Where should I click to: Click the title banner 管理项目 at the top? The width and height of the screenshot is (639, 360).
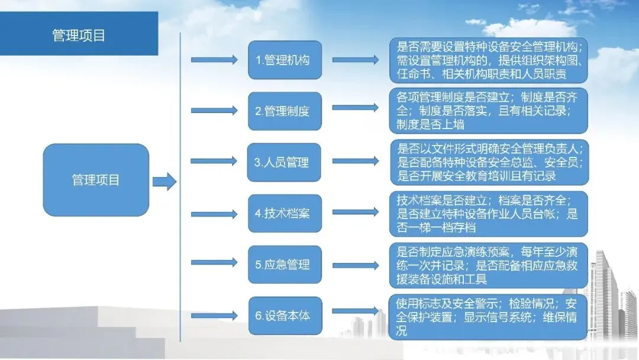79,35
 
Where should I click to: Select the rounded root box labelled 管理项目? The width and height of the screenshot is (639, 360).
96,179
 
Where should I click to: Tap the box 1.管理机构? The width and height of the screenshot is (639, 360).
285,60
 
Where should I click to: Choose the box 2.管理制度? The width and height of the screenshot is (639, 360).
285,111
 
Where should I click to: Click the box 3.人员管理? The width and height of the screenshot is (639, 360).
284,162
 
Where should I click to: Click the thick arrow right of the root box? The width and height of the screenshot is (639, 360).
164,181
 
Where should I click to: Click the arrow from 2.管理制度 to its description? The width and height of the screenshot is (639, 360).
355,108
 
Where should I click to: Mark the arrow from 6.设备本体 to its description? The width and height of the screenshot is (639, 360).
355,311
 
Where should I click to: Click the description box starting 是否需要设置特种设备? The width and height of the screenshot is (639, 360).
488,60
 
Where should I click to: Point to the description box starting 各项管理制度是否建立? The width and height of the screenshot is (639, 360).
488,110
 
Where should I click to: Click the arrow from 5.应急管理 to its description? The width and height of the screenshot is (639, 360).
355,261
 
